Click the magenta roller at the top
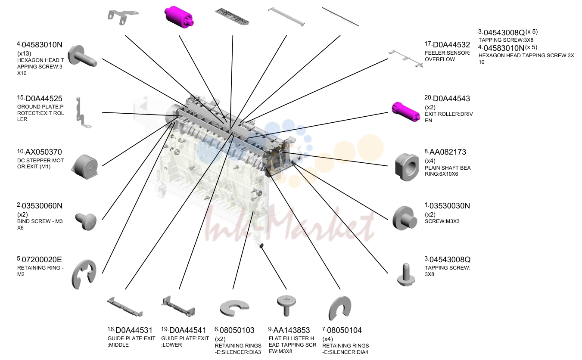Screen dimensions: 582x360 coord(179,17)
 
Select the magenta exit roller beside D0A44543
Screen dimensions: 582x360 coord(405,112)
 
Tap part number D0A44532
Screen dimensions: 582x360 coord(451,45)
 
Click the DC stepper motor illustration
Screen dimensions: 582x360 coord(85,167)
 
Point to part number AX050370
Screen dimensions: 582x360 coord(44,152)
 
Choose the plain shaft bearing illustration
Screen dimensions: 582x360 coord(407,167)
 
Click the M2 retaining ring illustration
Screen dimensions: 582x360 coord(84,274)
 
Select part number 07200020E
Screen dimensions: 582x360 coord(42,260)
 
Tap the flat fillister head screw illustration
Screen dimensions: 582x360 coord(286,305)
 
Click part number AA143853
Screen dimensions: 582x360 coord(292,330)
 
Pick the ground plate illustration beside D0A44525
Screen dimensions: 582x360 coord(83,113)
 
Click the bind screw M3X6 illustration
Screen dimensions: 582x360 coord(86,222)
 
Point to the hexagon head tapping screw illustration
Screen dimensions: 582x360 coord(82,56)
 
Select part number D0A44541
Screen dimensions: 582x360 coord(187,330)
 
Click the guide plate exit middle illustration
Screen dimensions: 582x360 coord(125,307)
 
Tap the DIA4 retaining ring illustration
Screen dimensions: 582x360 coord(339,308)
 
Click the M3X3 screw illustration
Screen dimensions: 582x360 coord(405,218)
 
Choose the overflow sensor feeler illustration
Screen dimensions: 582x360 coord(405,59)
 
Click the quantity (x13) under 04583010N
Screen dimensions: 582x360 coord(24,53)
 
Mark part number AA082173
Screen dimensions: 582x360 coord(448,152)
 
